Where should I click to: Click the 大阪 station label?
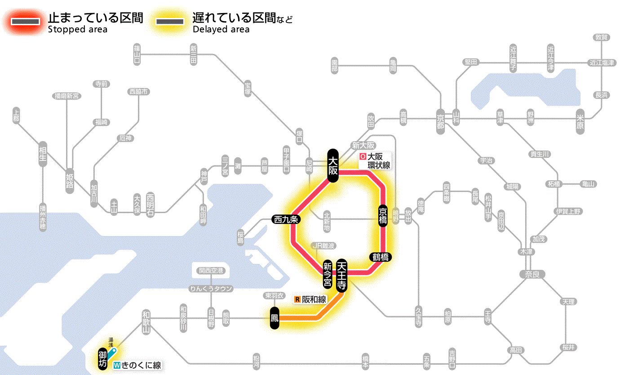[x=332, y=165]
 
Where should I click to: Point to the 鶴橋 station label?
[x=380, y=257]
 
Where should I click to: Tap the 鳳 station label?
[x=275, y=318]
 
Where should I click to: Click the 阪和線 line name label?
[x=310, y=299]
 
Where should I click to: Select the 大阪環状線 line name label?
[x=375, y=161]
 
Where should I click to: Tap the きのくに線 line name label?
[x=137, y=365]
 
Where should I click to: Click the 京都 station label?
[x=441, y=119]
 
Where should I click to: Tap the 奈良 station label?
[x=532, y=274]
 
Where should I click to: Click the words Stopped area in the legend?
[x=77, y=30]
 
